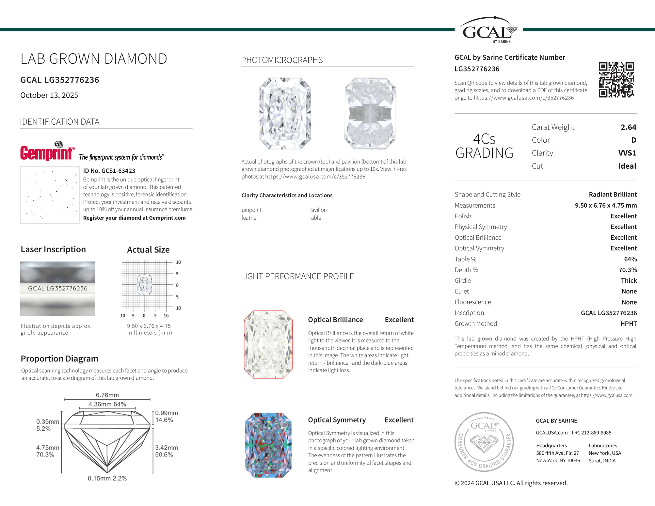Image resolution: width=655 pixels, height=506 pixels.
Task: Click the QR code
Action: [616, 80]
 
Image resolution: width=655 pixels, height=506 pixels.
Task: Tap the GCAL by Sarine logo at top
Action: [488, 30]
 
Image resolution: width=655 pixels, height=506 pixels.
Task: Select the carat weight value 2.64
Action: [628, 127]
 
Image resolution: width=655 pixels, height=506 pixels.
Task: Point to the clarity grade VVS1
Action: [627, 153]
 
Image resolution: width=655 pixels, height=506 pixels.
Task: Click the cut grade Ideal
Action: [627, 166]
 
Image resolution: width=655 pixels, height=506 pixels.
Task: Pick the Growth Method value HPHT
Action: [628, 324]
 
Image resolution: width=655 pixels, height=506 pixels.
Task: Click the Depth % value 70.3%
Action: [628, 270]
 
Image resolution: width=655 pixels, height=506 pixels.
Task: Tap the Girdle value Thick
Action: [629, 281]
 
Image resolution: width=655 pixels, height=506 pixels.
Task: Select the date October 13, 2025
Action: [49, 95]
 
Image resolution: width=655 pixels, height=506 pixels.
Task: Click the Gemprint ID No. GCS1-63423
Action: [109, 171]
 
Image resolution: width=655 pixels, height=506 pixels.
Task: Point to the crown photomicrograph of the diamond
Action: [285, 113]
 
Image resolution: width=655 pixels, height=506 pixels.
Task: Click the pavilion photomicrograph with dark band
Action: [370, 113]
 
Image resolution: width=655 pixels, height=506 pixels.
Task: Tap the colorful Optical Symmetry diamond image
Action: [268, 445]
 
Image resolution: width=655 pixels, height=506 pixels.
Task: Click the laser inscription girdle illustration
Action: [57, 289]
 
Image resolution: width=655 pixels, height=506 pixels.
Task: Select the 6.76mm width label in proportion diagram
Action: [107, 395]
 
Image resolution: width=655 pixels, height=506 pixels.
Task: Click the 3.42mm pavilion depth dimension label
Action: [167, 448]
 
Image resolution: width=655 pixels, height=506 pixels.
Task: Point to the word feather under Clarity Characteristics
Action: [250, 218]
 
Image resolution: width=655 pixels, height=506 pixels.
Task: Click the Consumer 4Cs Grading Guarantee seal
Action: [484, 442]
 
